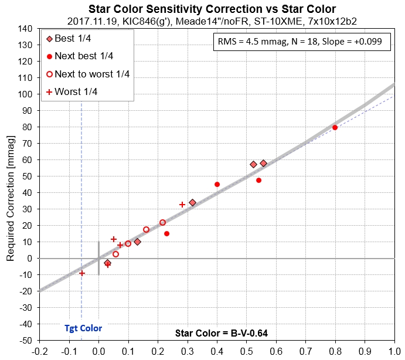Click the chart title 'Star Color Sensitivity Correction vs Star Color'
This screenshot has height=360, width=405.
[212, 9]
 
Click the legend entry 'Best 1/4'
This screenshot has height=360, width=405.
[72, 39]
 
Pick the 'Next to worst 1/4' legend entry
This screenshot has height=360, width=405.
[91, 74]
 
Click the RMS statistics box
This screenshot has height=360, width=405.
[303, 43]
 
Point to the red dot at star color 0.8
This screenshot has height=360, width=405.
[335, 127]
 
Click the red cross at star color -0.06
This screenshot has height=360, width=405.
[82, 273]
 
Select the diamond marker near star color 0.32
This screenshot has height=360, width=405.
[192, 202]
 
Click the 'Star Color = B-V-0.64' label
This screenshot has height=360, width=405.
[222, 333]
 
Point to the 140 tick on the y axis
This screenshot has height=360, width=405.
[25, 28]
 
